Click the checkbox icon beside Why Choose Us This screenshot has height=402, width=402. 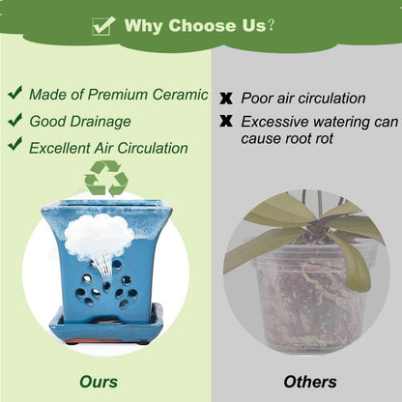tap(103, 26)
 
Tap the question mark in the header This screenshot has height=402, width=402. tap(272, 25)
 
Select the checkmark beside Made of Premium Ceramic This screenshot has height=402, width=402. tap(15, 93)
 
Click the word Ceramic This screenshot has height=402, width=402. tap(181, 95)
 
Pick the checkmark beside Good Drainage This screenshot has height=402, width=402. tap(15, 120)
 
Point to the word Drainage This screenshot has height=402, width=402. tap(100, 122)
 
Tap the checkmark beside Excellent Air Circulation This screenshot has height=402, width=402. tap(15, 144)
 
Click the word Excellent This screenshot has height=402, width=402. tap(60, 148)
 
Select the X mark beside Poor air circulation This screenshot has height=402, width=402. tap(226, 99)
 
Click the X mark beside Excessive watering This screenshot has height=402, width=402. tap(226, 121)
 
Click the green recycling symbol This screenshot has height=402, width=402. tap(106, 179)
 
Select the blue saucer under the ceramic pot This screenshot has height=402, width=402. tap(106, 326)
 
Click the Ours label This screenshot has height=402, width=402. tap(99, 382)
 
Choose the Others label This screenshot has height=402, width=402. tap(310, 382)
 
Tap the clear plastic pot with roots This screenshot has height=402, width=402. tap(310, 297)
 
